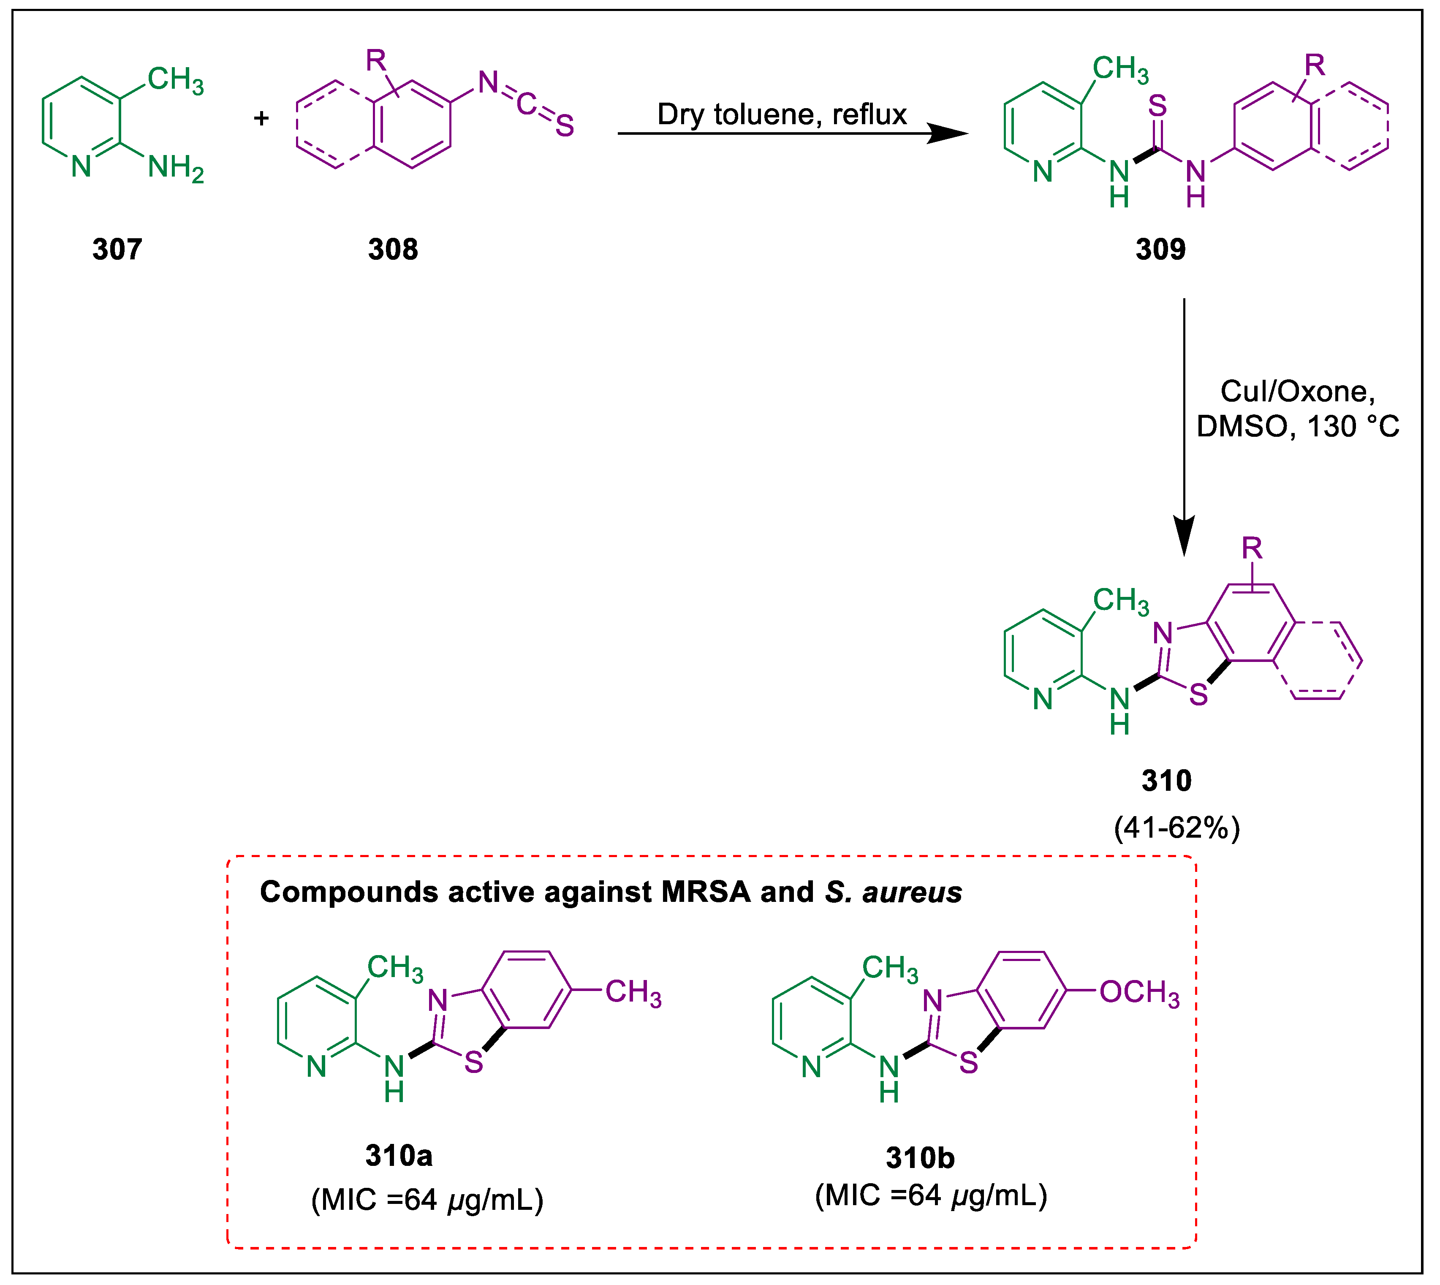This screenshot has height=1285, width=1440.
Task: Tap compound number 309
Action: click(1160, 249)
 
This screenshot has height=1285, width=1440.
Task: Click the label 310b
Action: click(920, 1158)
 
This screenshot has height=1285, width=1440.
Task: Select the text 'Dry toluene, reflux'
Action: click(781, 114)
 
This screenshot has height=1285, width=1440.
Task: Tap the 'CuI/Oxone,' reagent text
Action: click(1297, 391)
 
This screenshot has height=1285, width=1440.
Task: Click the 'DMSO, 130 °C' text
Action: click(1297, 427)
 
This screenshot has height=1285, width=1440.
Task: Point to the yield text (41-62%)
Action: click(1177, 828)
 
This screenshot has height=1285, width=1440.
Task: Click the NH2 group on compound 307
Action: click(175, 169)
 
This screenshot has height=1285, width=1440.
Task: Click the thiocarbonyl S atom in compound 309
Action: click(1157, 106)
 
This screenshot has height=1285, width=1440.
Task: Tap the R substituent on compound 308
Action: click(375, 61)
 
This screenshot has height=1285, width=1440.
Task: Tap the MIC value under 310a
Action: click(427, 1200)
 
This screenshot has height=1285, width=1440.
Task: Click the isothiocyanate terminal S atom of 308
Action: click(565, 126)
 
